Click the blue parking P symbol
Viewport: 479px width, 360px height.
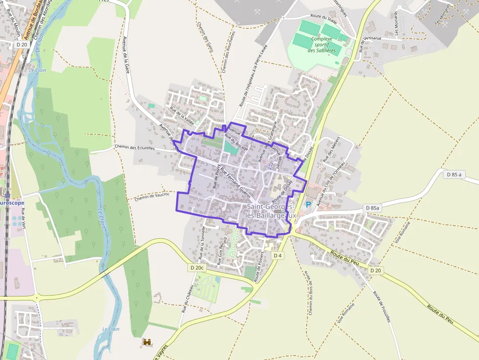[308, 205]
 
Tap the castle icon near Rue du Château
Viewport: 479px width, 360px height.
[146, 343]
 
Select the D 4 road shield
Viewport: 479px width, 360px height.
[278, 255]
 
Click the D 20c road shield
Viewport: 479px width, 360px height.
[196, 268]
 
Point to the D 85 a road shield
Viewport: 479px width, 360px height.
[454, 174]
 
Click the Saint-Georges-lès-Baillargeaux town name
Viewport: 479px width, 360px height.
[271, 211]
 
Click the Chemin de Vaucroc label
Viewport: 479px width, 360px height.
[152, 196]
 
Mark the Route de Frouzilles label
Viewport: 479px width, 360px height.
[382, 306]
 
